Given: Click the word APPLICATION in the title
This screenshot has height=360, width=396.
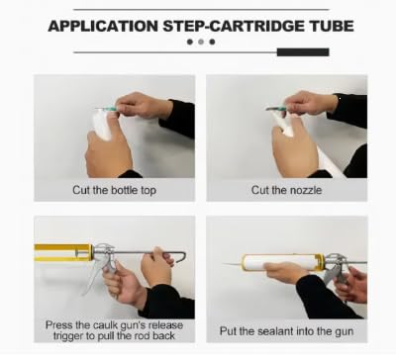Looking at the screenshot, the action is click(x=103, y=26).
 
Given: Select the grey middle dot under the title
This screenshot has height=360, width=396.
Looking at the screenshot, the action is click(x=201, y=42).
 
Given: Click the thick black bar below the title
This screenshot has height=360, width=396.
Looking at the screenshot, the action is click(x=303, y=52).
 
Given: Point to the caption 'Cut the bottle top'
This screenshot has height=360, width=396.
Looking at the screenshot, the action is click(x=114, y=190).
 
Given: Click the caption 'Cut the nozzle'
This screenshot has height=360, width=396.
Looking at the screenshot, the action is click(x=286, y=190).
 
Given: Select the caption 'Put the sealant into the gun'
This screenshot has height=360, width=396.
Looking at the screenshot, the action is click(x=286, y=331).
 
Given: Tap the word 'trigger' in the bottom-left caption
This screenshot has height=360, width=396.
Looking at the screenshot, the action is click(x=68, y=336).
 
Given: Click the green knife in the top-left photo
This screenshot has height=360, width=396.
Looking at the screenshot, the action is click(x=106, y=109).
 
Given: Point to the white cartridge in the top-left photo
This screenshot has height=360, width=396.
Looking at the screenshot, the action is click(x=102, y=124).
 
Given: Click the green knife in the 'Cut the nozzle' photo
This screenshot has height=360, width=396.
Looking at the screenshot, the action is click(x=277, y=108).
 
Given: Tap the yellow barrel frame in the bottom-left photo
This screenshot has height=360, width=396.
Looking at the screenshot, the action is click(x=62, y=252).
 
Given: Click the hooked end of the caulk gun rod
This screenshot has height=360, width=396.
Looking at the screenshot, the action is click(x=181, y=257).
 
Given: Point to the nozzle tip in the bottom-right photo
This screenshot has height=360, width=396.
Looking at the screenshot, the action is click(x=224, y=264).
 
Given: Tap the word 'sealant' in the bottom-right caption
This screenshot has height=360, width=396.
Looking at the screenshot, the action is click(x=275, y=331).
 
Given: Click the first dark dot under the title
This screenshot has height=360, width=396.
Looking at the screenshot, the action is click(x=190, y=42).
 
